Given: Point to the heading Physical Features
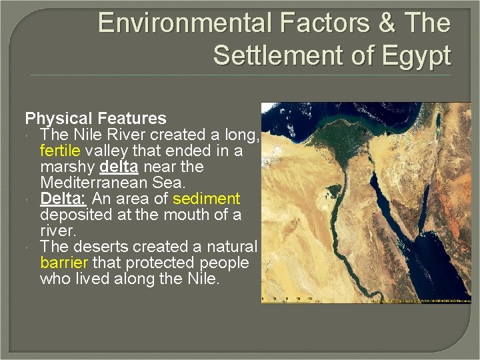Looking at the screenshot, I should coord(95,119).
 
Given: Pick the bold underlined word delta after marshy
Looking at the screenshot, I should coord(120,167).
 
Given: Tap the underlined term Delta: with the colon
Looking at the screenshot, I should coord(63,199).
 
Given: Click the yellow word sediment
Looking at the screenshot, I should coord(206,199).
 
